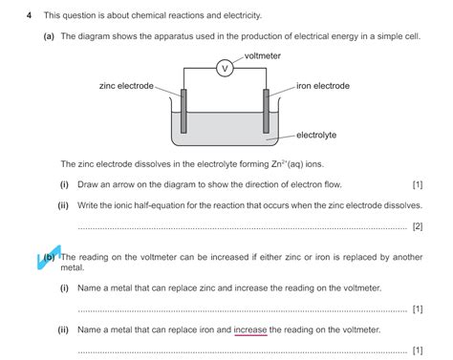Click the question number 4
[30, 16]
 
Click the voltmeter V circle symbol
[226, 69]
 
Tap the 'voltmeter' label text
[263, 56]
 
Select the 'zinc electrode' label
[126, 86]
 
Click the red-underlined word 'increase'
[250, 329]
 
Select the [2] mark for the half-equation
[417, 226]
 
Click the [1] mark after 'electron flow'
[417, 184]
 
